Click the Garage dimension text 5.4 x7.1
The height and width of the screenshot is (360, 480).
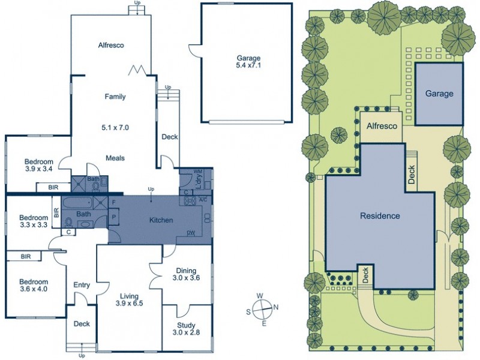248,65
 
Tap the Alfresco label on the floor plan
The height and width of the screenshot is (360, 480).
111,46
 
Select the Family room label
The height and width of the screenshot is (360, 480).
115,97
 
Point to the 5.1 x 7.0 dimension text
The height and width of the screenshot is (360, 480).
115,127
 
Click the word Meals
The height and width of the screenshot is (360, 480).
115,158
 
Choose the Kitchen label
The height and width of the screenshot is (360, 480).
161,220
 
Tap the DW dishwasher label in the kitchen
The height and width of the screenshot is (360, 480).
191,233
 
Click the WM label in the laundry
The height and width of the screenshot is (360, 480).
196,171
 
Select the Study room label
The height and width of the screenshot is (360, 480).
186,325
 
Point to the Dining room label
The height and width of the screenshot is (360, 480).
186,271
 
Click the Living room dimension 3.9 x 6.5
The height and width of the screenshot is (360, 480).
129,304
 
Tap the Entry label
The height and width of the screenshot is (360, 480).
82,285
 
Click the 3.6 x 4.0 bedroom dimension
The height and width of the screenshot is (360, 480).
34,289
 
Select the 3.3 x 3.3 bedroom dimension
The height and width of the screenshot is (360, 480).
34,224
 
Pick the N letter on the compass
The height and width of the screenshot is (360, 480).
275,307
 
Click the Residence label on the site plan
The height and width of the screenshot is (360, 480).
380,216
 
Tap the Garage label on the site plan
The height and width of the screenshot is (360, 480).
439,94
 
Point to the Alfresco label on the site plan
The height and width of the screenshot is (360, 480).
382,126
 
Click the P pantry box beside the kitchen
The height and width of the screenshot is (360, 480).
114,217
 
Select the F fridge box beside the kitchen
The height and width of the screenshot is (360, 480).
114,202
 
